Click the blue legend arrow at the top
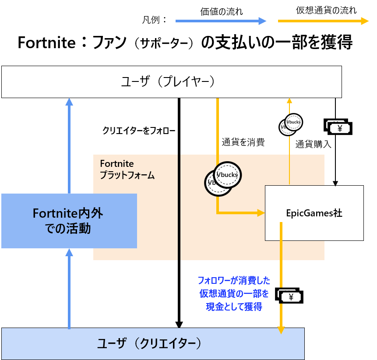click(x=221, y=21)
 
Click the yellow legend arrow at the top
click(x=324, y=21)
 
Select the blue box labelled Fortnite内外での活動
click(x=69, y=221)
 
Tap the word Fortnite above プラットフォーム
click(x=117, y=164)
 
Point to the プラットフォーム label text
click(x=127, y=176)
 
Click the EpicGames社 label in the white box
click(x=314, y=213)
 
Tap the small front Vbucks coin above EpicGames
click(x=293, y=122)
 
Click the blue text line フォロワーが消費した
click(x=234, y=280)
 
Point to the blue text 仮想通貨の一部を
click(x=234, y=293)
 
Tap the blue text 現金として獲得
click(x=234, y=307)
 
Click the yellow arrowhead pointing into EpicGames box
click(x=261, y=213)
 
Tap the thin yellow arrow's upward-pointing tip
click(x=289, y=101)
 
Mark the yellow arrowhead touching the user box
click(x=281, y=330)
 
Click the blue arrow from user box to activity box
click(x=69, y=289)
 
